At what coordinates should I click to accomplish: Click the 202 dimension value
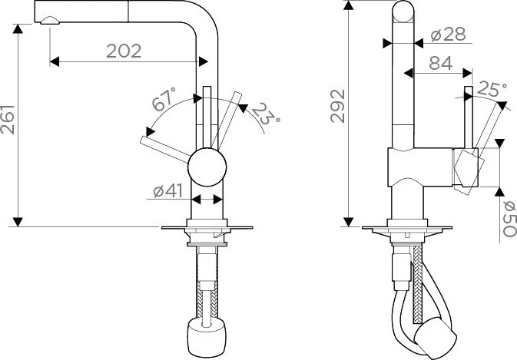[124, 51]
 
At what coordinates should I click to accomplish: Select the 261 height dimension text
[8, 120]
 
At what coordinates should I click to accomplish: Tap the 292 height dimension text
[338, 106]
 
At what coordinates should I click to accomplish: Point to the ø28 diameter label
[449, 35]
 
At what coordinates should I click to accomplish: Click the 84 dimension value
[441, 63]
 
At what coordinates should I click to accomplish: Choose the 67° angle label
[164, 99]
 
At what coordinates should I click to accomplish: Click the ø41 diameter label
[167, 190]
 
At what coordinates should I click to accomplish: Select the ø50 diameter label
[509, 219]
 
